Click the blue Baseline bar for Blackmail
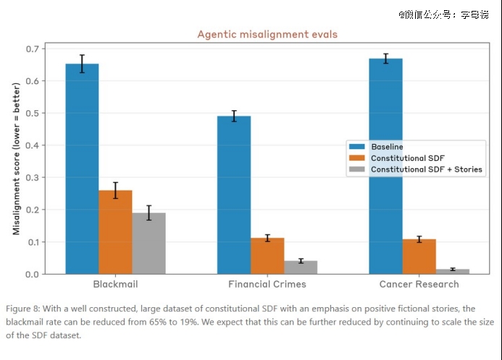pos(83,169)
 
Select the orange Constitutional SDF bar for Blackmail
pos(116,232)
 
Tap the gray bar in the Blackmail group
pos(149,243)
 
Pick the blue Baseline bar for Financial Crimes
pos(234,195)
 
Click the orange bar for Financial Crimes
pos(267,256)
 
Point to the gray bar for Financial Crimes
pos(301,267)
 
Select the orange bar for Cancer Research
pos(419,256)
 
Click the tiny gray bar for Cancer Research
pos(453,272)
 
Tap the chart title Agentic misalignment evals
pos(267,34)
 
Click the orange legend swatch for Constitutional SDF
pos(357,158)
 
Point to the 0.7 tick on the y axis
pos(33,49)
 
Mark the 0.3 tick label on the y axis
pos(33,177)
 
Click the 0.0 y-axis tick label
pos(33,275)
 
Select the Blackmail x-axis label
pos(116,284)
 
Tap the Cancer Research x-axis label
pos(419,284)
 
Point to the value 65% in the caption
pos(158,322)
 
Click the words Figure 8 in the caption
pos(22,309)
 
